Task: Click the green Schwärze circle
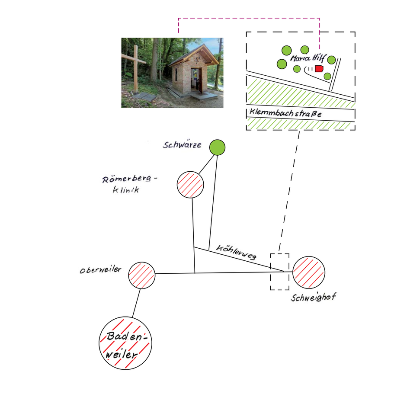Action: pyautogui.click(x=218, y=147)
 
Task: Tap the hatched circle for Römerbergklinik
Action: pyautogui.click(x=190, y=185)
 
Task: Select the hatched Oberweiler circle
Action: pyautogui.click(x=142, y=275)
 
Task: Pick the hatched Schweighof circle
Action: pyautogui.click(x=309, y=272)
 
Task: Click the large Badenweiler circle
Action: pyautogui.click(x=125, y=343)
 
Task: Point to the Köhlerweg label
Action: pyautogui.click(x=236, y=252)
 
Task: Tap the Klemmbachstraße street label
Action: pyautogui.click(x=285, y=113)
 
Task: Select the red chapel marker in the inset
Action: pyautogui.click(x=319, y=68)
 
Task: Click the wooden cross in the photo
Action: pyautogui.click(x=136, y=68)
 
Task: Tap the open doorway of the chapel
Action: pyautogui.click(x=196, y=80)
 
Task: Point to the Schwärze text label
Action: pyautogui.click(x=182, y=145)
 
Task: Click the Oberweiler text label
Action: pyautogui.click(x=100, y=270)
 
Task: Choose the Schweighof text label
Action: pyautogui.click(x=314, y=297)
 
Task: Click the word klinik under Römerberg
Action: pyautogui.click(x=126, y=189)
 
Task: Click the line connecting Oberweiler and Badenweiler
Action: pyautogui.click(x=136, y=303)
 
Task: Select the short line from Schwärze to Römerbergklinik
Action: pyautogui.click(x=206, y=164)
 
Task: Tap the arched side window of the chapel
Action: pyautogui.click(x=176, y=75)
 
